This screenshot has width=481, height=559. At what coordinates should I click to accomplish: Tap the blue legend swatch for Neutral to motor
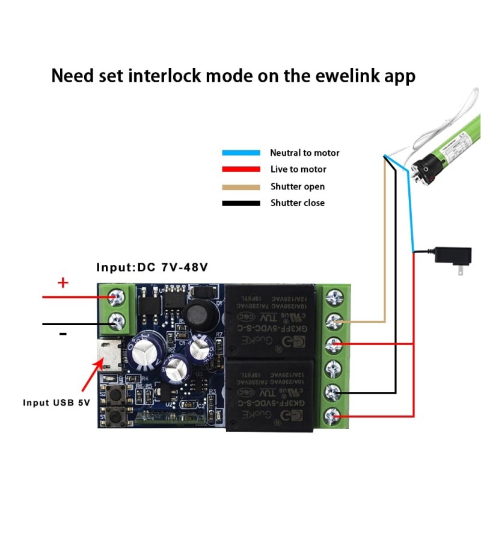(240, 153)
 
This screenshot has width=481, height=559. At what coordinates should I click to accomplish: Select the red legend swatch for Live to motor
(240, 170)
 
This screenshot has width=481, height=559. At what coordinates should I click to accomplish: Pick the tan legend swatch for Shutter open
(240, 186)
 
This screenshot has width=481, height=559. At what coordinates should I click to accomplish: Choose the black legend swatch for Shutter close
(240, 203)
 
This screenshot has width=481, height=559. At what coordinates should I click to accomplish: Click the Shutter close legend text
(297, 203)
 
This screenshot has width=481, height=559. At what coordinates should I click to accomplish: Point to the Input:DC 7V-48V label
(152, 267)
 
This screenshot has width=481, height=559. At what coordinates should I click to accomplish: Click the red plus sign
(63, 283)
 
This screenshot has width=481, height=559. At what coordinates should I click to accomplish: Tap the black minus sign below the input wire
(63, 334)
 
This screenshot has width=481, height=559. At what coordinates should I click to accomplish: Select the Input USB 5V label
(57, 403)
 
